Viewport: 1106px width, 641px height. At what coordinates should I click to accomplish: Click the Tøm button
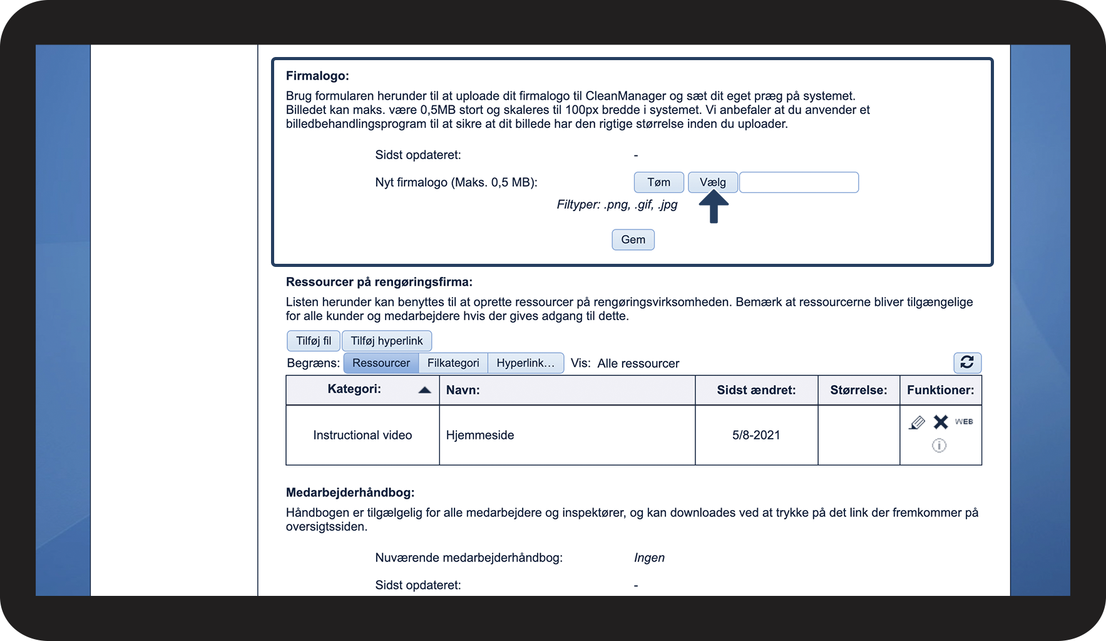[x=658, y=182]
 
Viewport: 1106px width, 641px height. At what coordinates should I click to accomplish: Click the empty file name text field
[x=799, y=182]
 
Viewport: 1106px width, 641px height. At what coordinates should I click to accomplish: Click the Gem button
[x=633, y=239]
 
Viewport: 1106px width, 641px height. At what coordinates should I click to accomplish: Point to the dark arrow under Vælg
[x=713, y=207]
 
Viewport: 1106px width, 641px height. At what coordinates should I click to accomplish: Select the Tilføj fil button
[x=314, y=341]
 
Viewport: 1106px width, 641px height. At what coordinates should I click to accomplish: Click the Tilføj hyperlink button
[x=387, y=341]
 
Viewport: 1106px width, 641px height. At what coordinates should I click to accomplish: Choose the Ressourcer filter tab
[x=381, y=363]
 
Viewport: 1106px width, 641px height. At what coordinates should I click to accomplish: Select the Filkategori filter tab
[x=453, y=363]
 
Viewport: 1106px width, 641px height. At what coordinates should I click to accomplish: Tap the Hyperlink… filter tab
[x=525, y=363]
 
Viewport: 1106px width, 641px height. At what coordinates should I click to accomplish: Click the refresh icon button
[x=967, y=362]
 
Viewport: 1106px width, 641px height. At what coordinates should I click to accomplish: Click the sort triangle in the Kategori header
[x=424, y=390]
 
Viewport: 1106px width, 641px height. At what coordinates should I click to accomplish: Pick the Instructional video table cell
[x=362, y=435]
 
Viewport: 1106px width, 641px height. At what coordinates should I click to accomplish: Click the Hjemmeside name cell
[x=480, y=435]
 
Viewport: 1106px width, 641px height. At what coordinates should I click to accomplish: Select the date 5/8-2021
[x=756, y=435]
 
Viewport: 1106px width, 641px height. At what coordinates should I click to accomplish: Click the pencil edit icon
[x=917, y=423]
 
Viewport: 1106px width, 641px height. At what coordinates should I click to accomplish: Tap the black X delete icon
[x=941, y=422]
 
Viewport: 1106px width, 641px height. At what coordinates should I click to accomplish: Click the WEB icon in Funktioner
[x=964, y=422]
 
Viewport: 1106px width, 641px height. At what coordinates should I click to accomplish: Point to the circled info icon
[x=939, y=446]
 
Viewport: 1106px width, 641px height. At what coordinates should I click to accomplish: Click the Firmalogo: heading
[x=317, y=76]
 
